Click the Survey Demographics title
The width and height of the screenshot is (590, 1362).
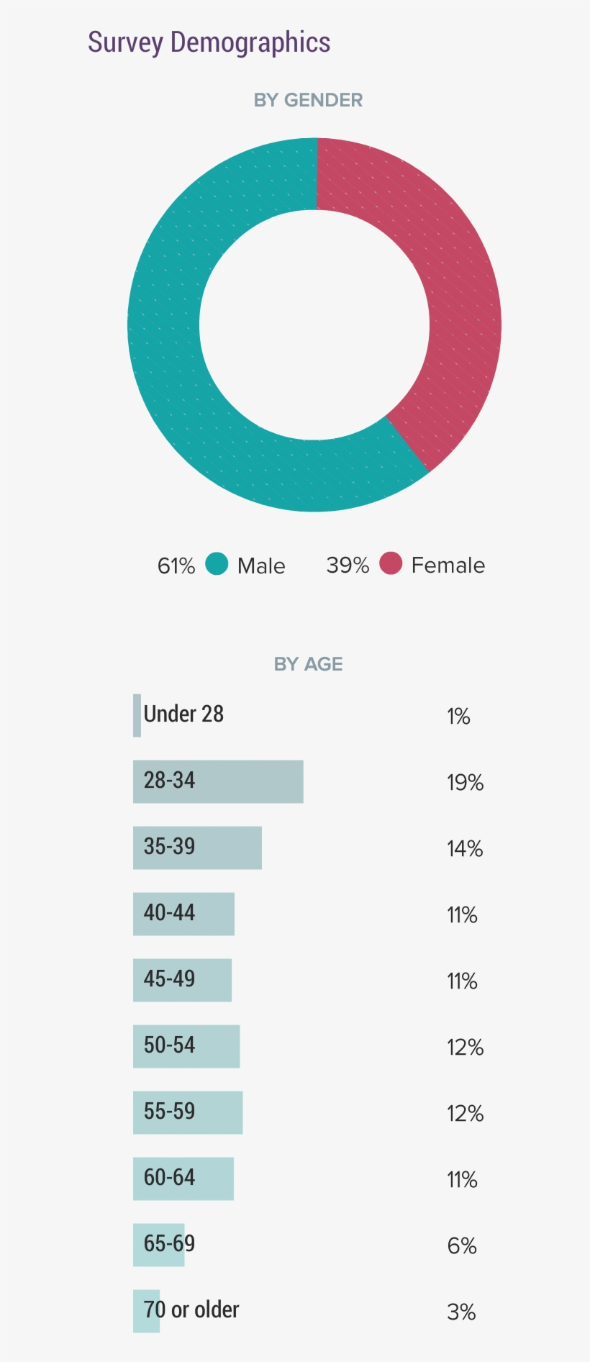(x=209, y=42)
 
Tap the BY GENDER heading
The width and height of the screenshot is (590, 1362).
(x=308, y=100)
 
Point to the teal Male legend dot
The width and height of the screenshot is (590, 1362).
(x=217, y=564)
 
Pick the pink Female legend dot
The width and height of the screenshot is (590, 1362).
(x=391, y=563)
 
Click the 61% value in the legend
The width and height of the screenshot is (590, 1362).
(x=176, y=566)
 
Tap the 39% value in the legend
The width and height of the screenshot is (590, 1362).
(x=348, y=566)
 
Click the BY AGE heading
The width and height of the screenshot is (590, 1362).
(x=308, y=664)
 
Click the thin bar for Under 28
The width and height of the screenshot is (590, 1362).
(x=137, y=715)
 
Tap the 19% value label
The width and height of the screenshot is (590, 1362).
(x=465, y=783)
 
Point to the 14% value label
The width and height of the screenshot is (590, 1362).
(x=465, y=849)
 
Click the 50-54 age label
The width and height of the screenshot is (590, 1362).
(x=169, y=1045)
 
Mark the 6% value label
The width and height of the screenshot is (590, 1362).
(x=462, y=1246)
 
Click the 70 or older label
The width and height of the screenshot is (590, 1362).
(x=191, y=1309)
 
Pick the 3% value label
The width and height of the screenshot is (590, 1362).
(x=461, y=1312)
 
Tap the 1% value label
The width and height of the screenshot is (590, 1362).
(x=458, y=717)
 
